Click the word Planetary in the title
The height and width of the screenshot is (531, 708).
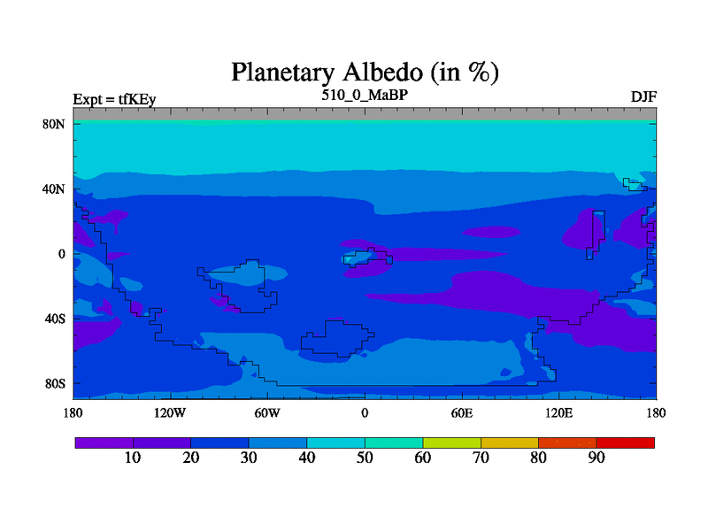[283, 73]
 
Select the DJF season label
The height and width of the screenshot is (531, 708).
[643, 97]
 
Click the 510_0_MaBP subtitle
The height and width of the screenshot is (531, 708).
[365, 95]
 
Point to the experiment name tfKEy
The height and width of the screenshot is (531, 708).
[137, 99]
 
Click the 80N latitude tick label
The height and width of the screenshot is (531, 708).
[54, 124]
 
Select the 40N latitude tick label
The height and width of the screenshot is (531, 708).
[54, 189]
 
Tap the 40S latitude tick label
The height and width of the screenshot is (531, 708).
[55, 319]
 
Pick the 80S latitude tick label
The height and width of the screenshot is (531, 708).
[55, 384]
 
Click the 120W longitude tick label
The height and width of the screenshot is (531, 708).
[169, 412]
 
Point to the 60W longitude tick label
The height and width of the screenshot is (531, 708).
[267, 412]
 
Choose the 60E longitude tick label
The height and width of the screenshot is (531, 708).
[461, 412]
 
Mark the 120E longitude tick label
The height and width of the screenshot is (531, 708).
[558, 412]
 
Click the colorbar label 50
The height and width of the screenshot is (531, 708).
[365, 458]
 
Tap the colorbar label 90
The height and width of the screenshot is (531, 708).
[596, 458]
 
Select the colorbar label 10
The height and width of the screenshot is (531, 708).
[132, 458]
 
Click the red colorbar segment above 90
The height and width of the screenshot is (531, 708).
[626, 443]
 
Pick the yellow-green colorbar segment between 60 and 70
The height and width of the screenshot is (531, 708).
[451, 443]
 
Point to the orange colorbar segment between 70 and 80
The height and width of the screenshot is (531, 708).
[510, 443]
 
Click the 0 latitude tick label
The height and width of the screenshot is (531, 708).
[61, 254]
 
